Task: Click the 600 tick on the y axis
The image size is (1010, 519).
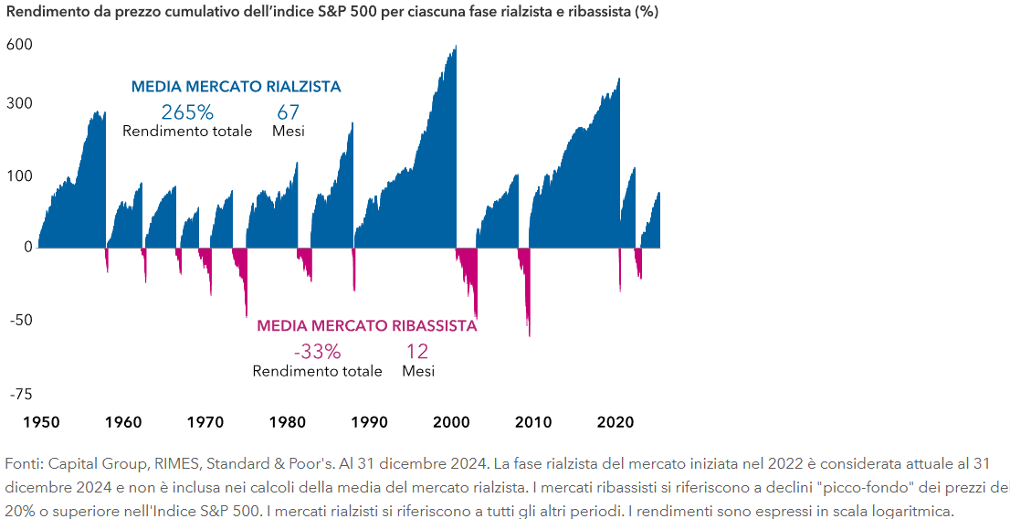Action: coord(20,45)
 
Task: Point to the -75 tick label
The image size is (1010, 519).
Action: coord(20,395)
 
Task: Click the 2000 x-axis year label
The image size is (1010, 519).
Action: coord(451,423)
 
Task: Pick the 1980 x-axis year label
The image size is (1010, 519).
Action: coord(288,423)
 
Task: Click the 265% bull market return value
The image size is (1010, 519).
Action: coord(187,112)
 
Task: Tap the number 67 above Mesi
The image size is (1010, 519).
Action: coord(289,112)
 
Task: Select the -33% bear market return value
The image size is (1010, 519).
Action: coord(317,352)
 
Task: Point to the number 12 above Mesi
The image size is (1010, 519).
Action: coord(417,352)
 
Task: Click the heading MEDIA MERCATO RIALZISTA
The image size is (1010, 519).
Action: coord(236,87)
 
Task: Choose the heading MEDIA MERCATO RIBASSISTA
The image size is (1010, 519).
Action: coord(366,326)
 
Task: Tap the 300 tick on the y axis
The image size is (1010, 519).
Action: coord(20,103)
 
